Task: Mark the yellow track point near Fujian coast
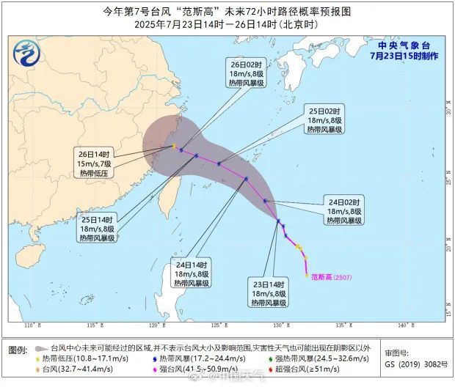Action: pyautogui.click(x=174, y=146)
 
